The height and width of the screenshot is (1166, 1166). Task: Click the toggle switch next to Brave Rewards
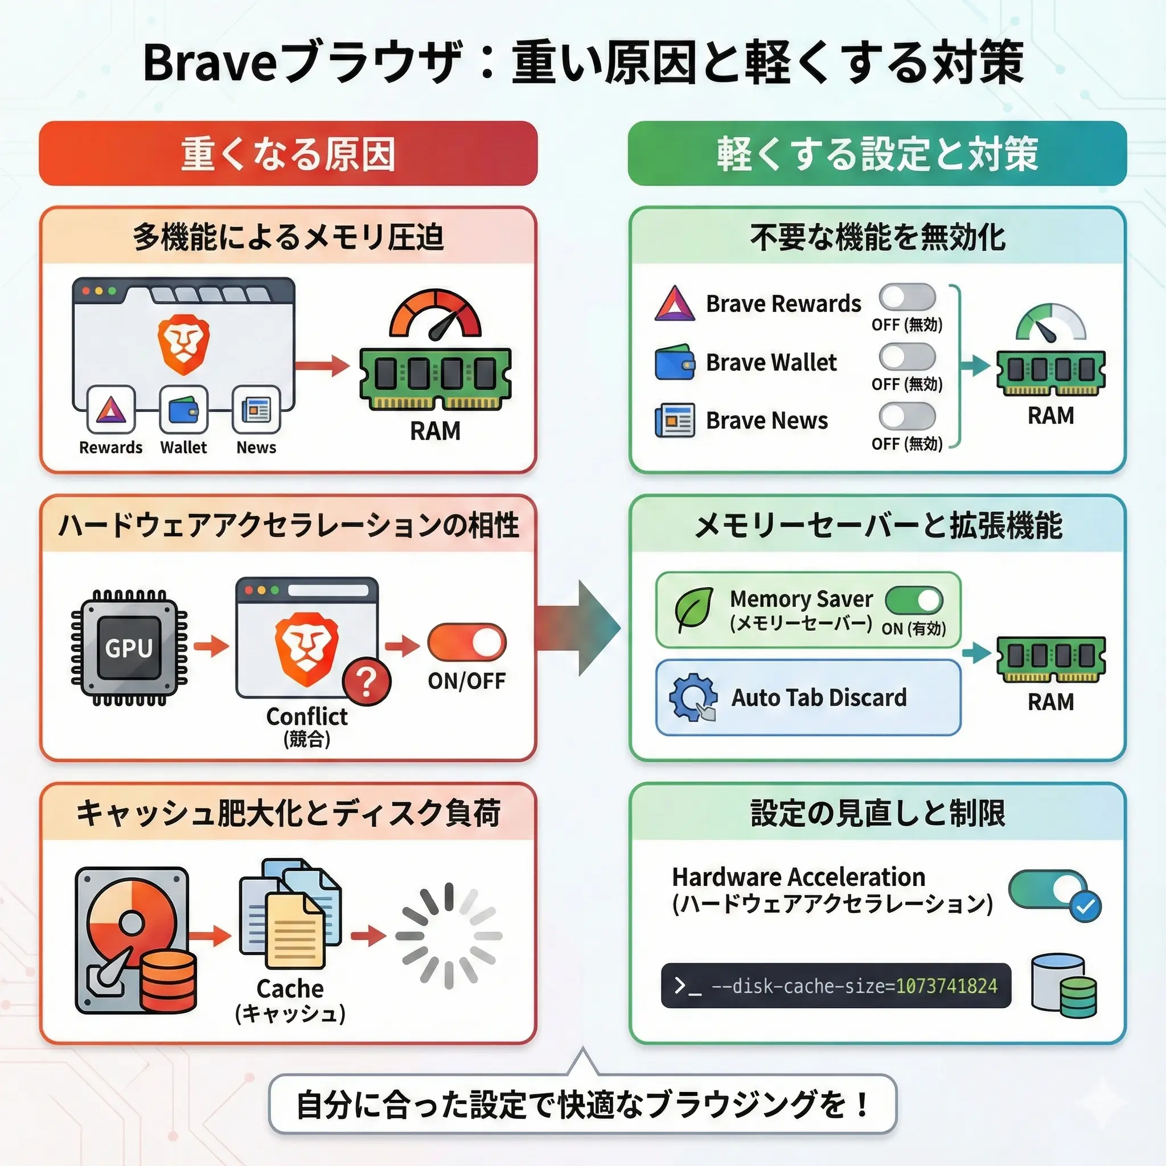coord(907,297)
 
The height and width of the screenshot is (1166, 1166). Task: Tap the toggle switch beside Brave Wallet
coord(907,356)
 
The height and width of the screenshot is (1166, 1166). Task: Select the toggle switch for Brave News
coord(907,416)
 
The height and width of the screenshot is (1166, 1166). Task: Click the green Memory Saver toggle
coord(914,601)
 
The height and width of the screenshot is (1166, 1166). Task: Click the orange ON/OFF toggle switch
coord(466,642)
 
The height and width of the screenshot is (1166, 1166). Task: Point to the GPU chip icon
coord(129,648)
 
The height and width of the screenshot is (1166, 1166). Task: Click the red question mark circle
coord(366,681)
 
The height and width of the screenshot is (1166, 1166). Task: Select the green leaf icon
coord(693,610)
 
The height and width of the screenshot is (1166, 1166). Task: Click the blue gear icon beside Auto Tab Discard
coord(693,697)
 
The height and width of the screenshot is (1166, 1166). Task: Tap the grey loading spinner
coord(449,936)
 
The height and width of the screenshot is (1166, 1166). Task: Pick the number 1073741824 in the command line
coord(946,986)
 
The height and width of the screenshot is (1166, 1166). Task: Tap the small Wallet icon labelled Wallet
coord(183,410)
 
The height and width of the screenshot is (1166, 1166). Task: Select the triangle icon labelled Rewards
coord(111,410)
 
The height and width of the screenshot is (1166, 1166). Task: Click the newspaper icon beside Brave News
coord(675,420)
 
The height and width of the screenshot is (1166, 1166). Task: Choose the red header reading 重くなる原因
coord(288,153)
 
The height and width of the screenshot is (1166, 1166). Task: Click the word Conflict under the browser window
coord(307,716)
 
